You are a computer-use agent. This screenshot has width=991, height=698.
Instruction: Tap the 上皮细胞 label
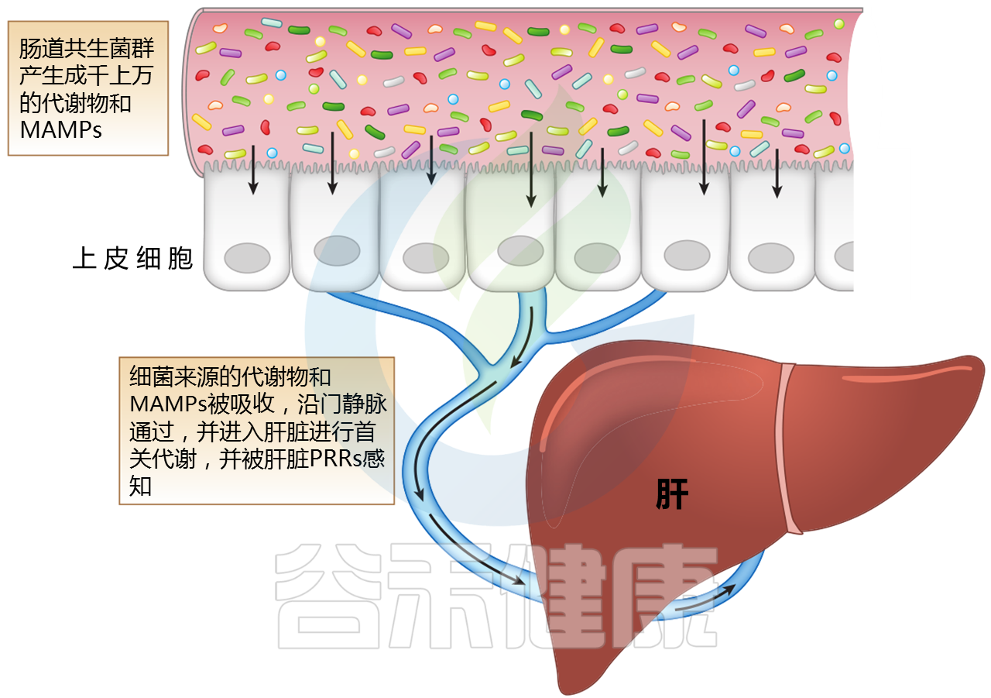(x=132, y=258)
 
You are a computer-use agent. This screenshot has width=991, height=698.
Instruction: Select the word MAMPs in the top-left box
(x=61, y=129)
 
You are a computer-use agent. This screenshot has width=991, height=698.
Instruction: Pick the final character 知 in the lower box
(x=140, y=486)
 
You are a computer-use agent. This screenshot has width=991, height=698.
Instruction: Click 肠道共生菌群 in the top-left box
(x=87, y=49)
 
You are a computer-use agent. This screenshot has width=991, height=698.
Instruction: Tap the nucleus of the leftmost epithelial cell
(x=247, y=258)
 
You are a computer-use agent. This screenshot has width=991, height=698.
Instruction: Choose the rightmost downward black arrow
(x=777, y=172)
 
